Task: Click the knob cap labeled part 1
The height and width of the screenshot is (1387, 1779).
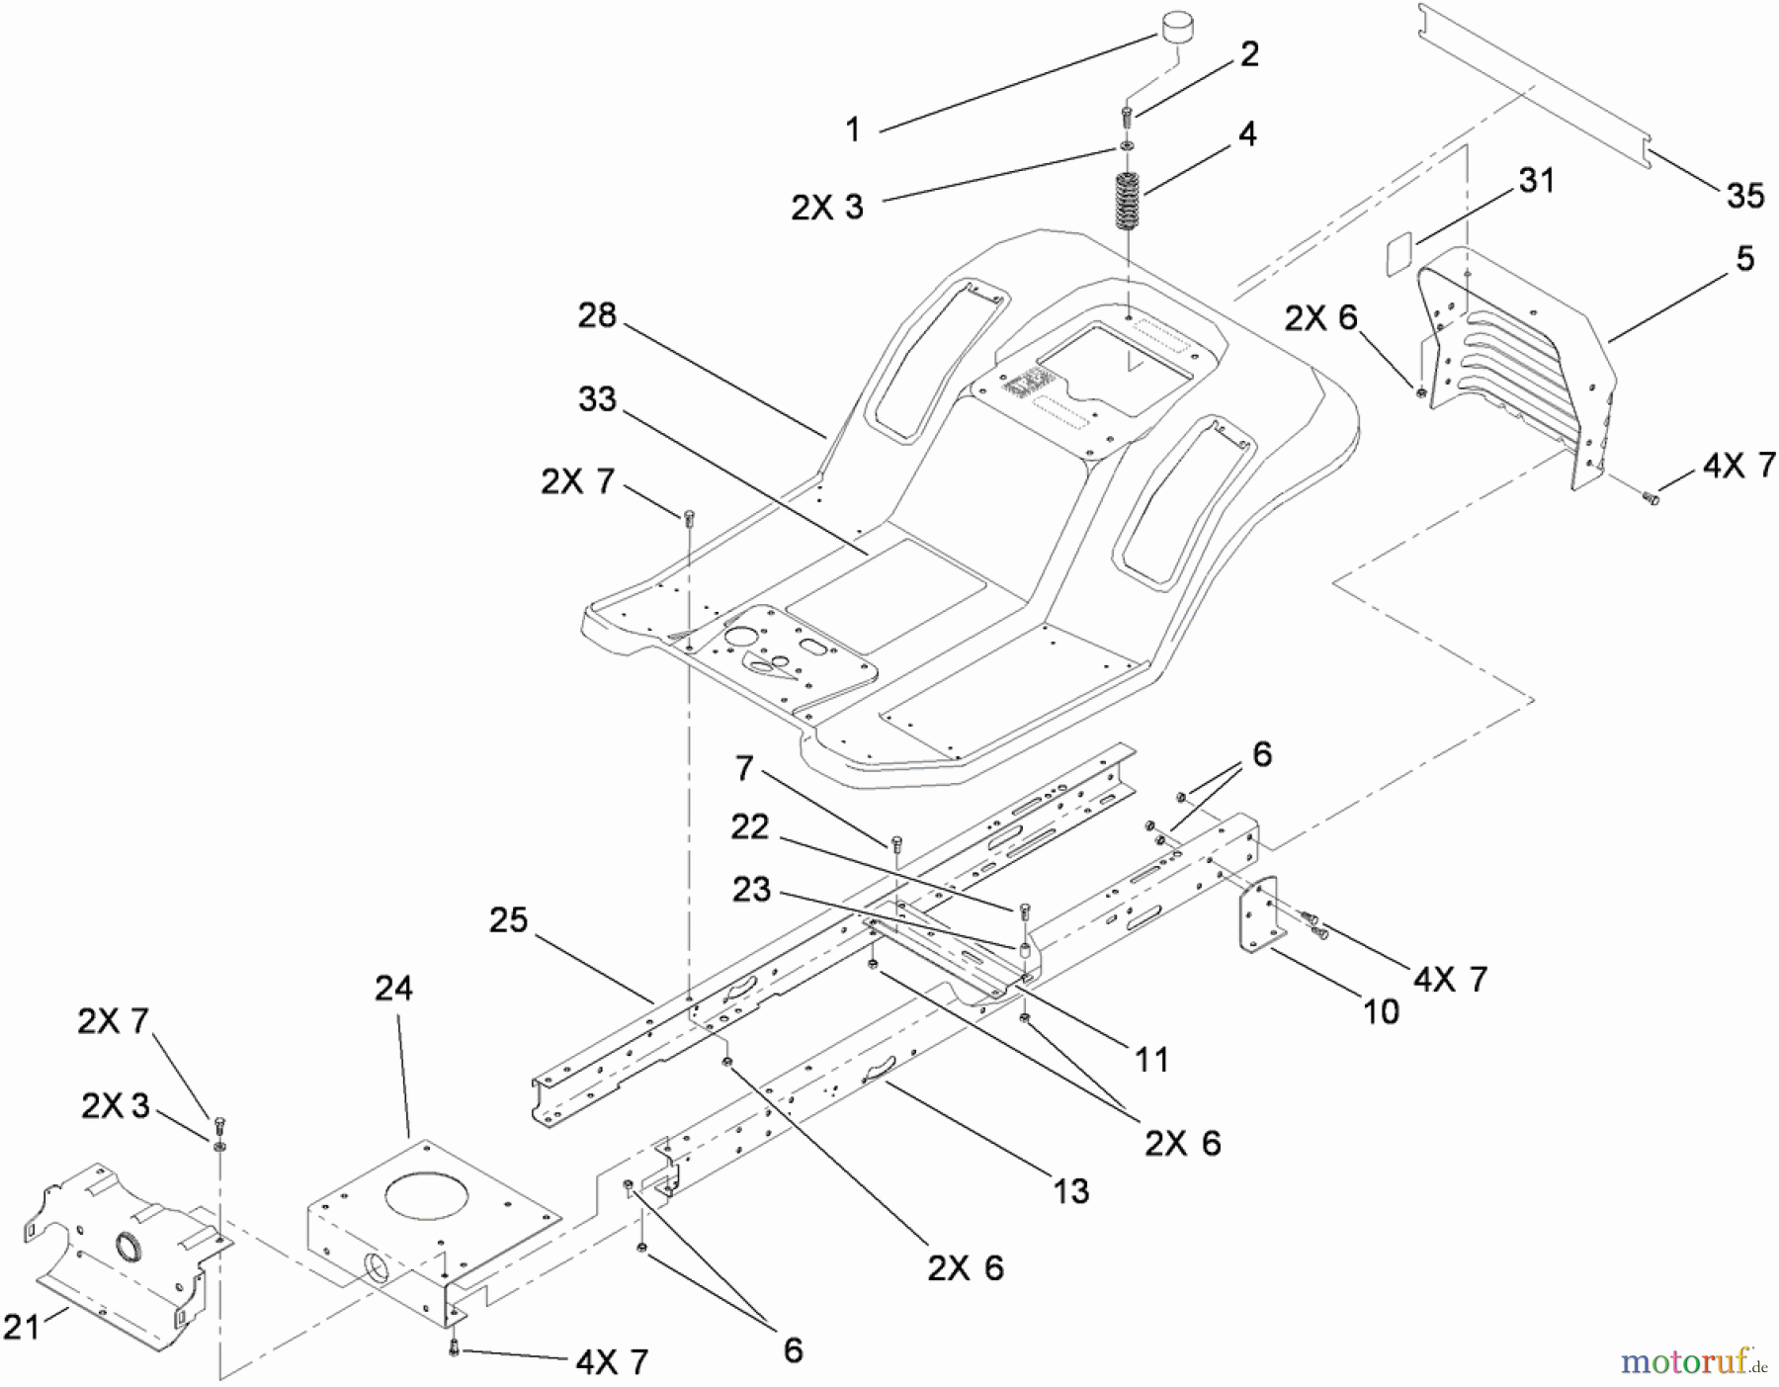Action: click(1176, 25)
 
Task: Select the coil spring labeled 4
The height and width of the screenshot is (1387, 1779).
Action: click(1128, 201)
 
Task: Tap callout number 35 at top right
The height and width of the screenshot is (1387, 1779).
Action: click(1744, 196)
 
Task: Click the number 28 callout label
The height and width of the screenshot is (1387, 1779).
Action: click(596, 316)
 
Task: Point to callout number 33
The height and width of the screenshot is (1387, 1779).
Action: click(596, 399)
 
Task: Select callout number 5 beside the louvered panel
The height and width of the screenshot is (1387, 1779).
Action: click(1744, 259)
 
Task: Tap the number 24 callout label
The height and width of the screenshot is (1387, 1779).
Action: click(393, 988)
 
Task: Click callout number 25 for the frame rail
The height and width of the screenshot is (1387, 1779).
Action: click(508, 920)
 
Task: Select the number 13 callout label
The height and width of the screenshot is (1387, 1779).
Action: click(1069, 1191)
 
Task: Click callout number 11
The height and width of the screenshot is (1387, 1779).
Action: click(1150, 1060)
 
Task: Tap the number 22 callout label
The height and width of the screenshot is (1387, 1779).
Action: click(750, 826)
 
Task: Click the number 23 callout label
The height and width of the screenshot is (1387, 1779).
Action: click(751, 890)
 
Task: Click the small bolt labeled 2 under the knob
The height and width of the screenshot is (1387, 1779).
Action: click(1128, 116)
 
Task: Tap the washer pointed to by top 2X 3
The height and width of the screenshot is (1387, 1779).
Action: click(1127, 147)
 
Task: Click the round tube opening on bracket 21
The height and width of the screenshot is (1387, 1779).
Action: click(127, 1246)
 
